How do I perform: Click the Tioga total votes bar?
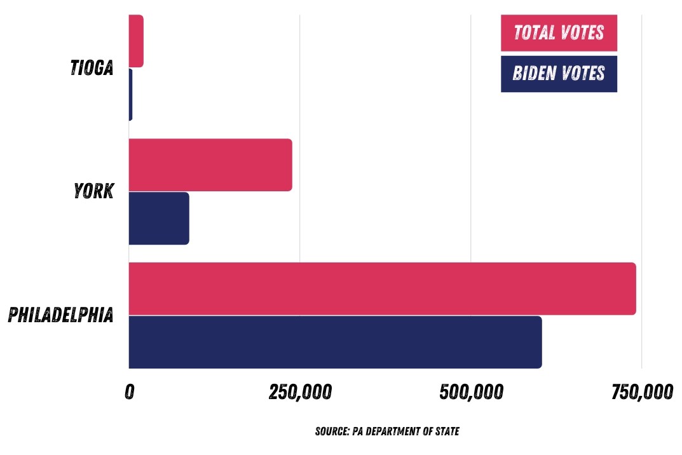(136, 40)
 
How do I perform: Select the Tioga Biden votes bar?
(130, 94)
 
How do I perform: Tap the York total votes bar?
(210, 165)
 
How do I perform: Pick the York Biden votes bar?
(159, 218)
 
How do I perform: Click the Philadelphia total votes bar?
(382, 289)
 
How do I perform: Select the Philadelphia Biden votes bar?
(335, 342)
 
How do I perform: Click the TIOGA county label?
(92, 67)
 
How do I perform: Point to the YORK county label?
(93, 191)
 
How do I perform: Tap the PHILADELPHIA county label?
(61, 315)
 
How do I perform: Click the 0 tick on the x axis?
(129, 393)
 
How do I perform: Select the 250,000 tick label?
(300, 393)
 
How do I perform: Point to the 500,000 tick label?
(471, 393)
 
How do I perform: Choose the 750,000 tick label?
(642, 393)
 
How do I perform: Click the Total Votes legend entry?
(559, 32)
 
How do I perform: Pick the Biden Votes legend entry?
(559, 74)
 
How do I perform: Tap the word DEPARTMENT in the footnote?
(397, 431)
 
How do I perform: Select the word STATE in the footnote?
(447, 431)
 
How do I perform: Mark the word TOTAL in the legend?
(533, 32)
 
